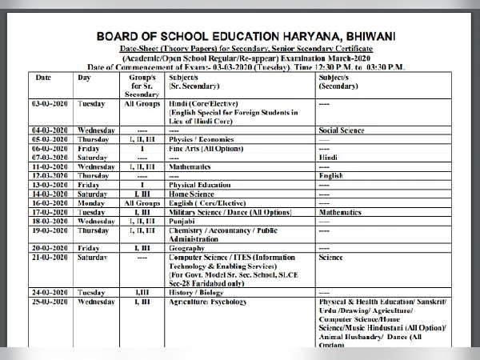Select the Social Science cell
341,130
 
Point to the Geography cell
189,248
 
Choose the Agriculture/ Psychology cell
205,302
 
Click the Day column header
84,79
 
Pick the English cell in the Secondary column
330,175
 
